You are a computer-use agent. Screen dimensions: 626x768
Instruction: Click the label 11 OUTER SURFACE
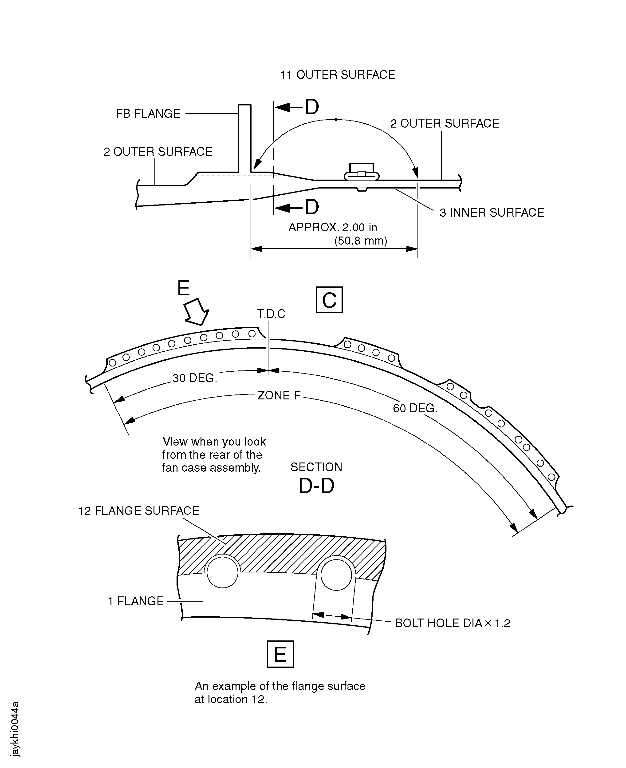(x=338, y=75)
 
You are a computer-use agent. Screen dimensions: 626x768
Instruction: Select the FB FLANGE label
(x=148, y=114)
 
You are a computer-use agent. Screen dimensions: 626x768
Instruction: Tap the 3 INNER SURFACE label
(x=492, y=213)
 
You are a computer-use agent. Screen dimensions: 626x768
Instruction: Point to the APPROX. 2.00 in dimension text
(x=333, y=227)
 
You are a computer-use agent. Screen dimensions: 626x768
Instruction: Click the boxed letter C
(x=329, y=300)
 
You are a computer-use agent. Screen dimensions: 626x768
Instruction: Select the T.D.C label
(x=271, y=314)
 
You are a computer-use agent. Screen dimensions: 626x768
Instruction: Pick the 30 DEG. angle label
(x=195, y=378)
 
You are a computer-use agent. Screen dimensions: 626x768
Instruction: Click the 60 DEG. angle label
(x=415, y=408)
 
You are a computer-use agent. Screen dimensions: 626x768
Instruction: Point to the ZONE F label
(x=279, y=395)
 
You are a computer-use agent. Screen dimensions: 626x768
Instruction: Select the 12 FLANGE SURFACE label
(x=139, y=511)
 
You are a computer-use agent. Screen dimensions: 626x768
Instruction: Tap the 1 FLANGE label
(x=136, y=601)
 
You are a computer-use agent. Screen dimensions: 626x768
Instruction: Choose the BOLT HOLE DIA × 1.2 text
(x=453, y=623)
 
